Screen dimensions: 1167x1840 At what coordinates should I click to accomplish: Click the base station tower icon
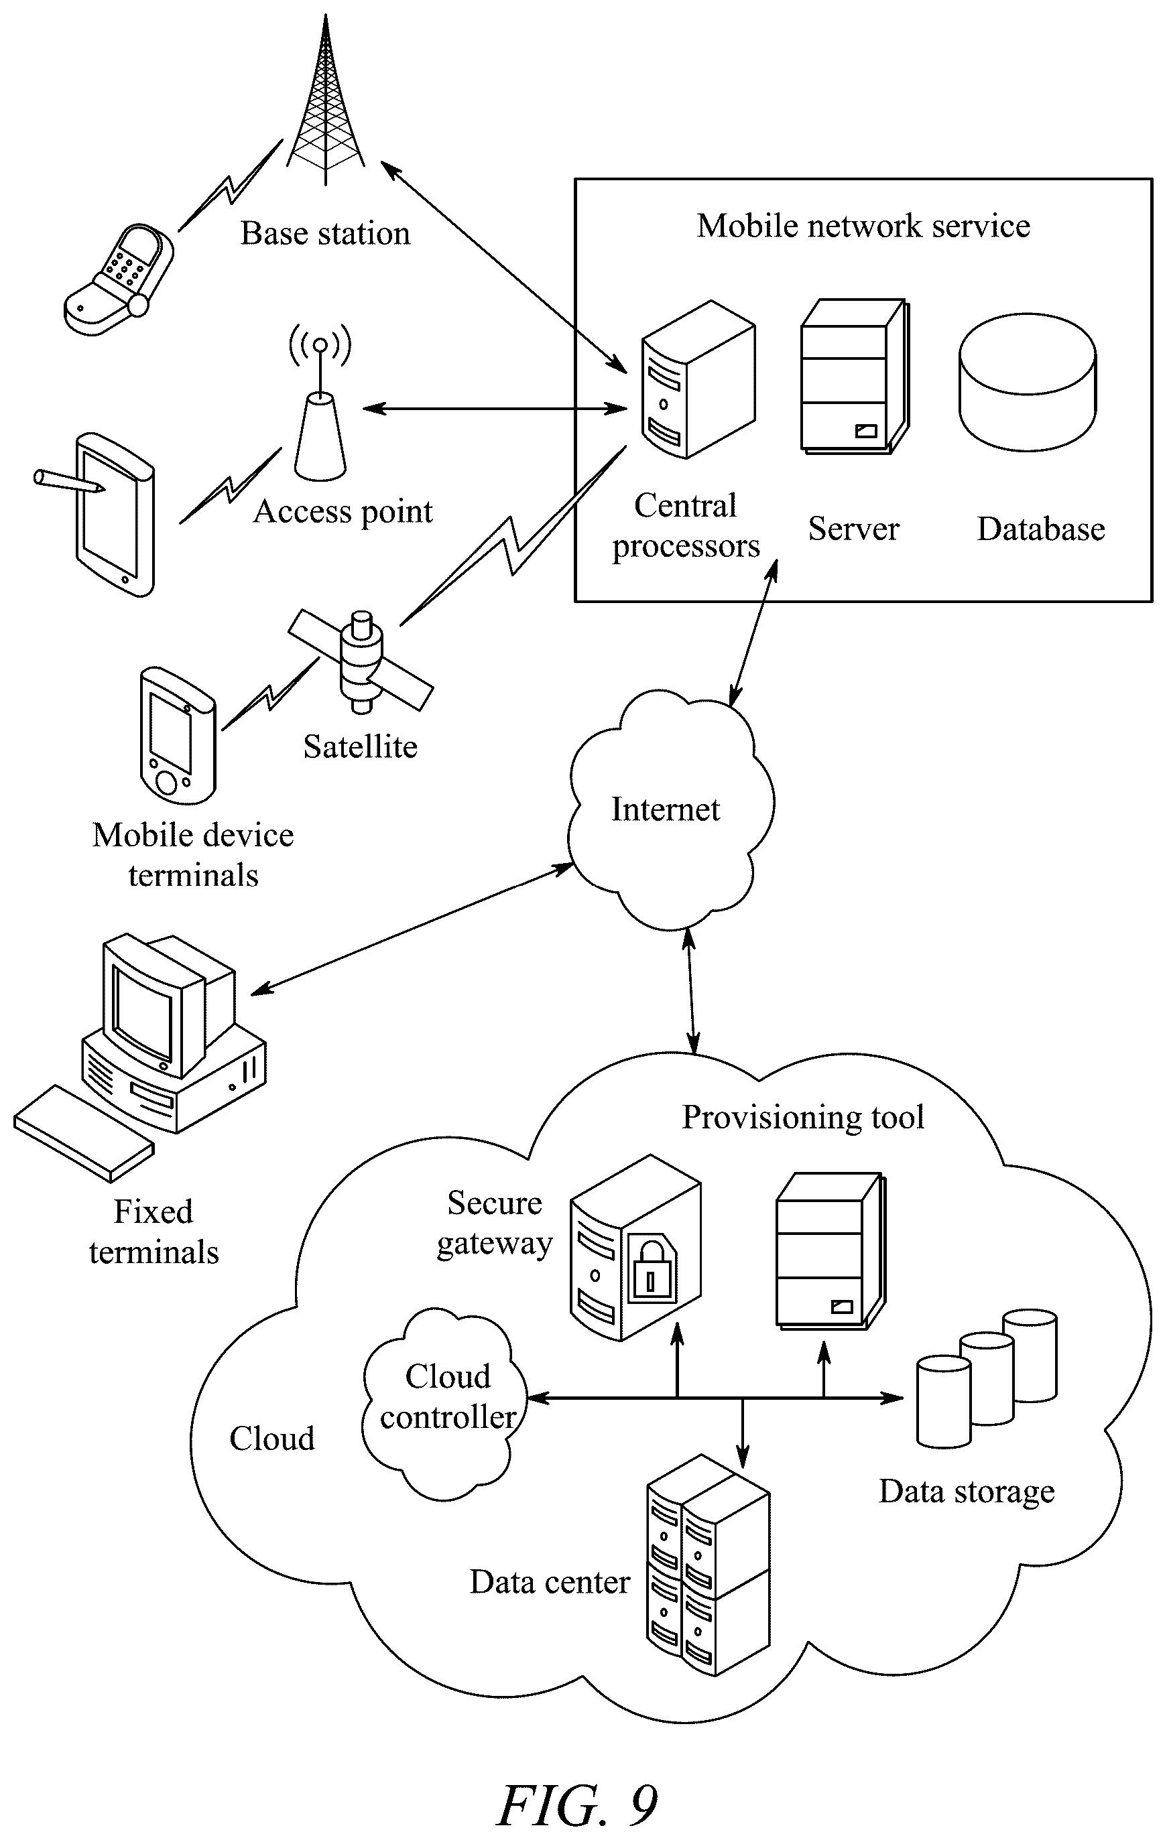pyautogui.click(x=326, y=99)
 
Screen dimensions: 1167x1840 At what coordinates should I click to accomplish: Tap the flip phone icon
pyautogui.click(x=119, y=279)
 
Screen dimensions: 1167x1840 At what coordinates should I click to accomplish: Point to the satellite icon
pyautogui.click(x=361, y=660)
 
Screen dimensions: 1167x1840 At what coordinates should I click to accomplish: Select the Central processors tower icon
pyautogui.click(x=698, y=380)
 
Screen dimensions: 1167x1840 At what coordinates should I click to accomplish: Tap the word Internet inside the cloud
pyautogui.click(x=665, y=809)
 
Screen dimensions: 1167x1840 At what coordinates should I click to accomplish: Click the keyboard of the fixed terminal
pyautogui.click(x=83, y=1133)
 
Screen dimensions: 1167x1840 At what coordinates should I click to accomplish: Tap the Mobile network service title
pyautogui.click(x=863, y=226)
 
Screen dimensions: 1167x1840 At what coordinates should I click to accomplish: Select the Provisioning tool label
pyautogui.click(x=803, y=1117)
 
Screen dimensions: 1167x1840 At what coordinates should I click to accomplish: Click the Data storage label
pyautogui.click(x=967, y=1492)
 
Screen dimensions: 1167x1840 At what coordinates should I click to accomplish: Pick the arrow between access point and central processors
pyautogui.click(x=495, y=409)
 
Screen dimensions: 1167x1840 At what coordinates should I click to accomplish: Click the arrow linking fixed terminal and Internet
pyautogui.click(x=412, y=929)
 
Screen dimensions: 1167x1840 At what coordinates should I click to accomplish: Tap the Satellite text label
pyautogui.click(x=360, y=746)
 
